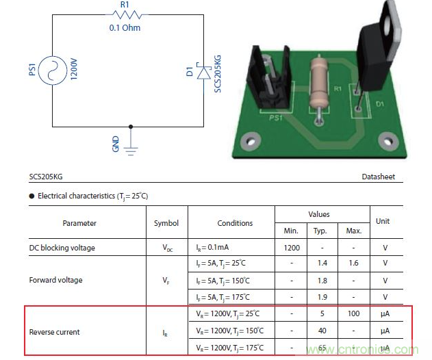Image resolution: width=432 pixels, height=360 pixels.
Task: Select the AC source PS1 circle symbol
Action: tap(53, 69)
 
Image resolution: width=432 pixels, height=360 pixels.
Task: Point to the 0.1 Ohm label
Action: tap(124, 29)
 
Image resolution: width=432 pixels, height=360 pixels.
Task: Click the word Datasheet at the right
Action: tap(378, 177)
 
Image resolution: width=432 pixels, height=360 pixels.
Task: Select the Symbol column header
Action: tap(166, 223)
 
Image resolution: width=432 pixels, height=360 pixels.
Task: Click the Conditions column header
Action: tap(235, 223)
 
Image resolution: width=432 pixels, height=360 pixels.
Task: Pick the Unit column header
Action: tap(383, 221)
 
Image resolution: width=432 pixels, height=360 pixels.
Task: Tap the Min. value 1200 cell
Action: tap(292, 247)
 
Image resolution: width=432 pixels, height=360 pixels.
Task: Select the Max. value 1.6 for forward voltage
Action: tap(353, 263)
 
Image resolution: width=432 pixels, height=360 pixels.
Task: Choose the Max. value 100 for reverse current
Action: tap(353, 314)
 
